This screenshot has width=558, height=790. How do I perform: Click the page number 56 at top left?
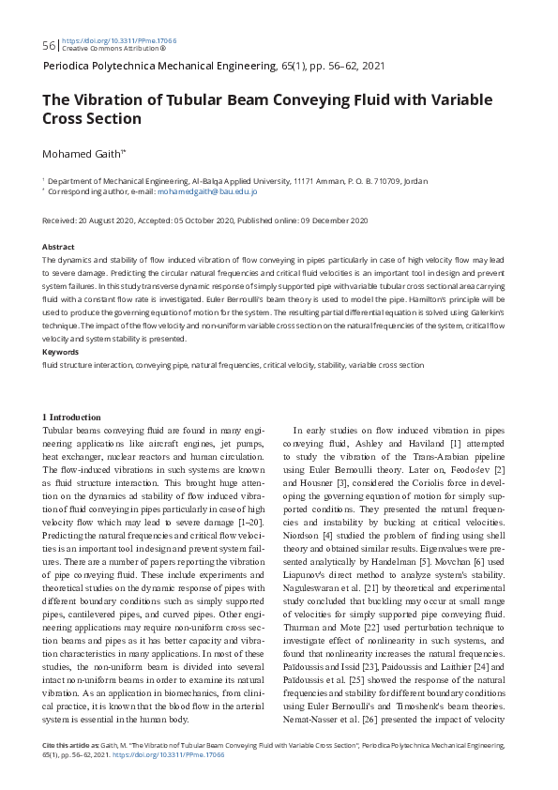[x=49, y=46]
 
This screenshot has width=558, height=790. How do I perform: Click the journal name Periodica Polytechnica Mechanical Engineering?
[x=160, y=68]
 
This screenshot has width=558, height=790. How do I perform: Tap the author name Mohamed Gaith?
[x=83, y=152]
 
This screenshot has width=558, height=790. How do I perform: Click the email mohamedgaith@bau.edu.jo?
[x=207, y=191]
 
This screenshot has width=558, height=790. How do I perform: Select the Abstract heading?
[x=59, y=247]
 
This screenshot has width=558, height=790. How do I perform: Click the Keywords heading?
[x=61, y=352]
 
